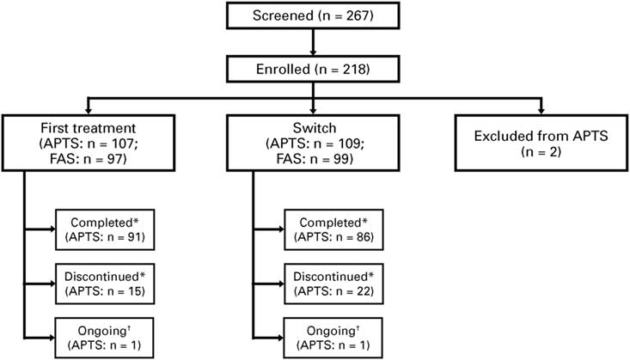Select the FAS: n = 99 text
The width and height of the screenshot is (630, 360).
click(x=314, y=160)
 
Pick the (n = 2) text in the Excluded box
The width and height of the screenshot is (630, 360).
click(x=541, y=151)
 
